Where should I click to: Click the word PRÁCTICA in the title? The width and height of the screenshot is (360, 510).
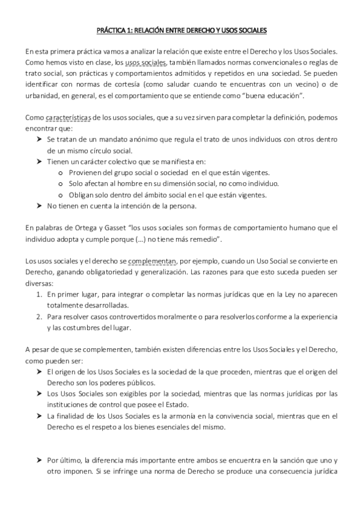(112, 29)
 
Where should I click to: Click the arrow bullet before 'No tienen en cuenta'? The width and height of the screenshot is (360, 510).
(39, 206)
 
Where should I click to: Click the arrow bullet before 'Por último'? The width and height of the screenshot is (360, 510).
(39, 461)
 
